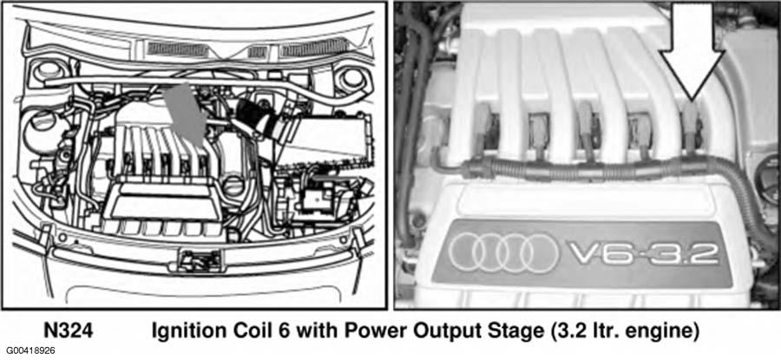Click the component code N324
click(x=69, y=331)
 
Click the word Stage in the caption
click(x=486, y=331)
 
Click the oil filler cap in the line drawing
click(x=235, y=187)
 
